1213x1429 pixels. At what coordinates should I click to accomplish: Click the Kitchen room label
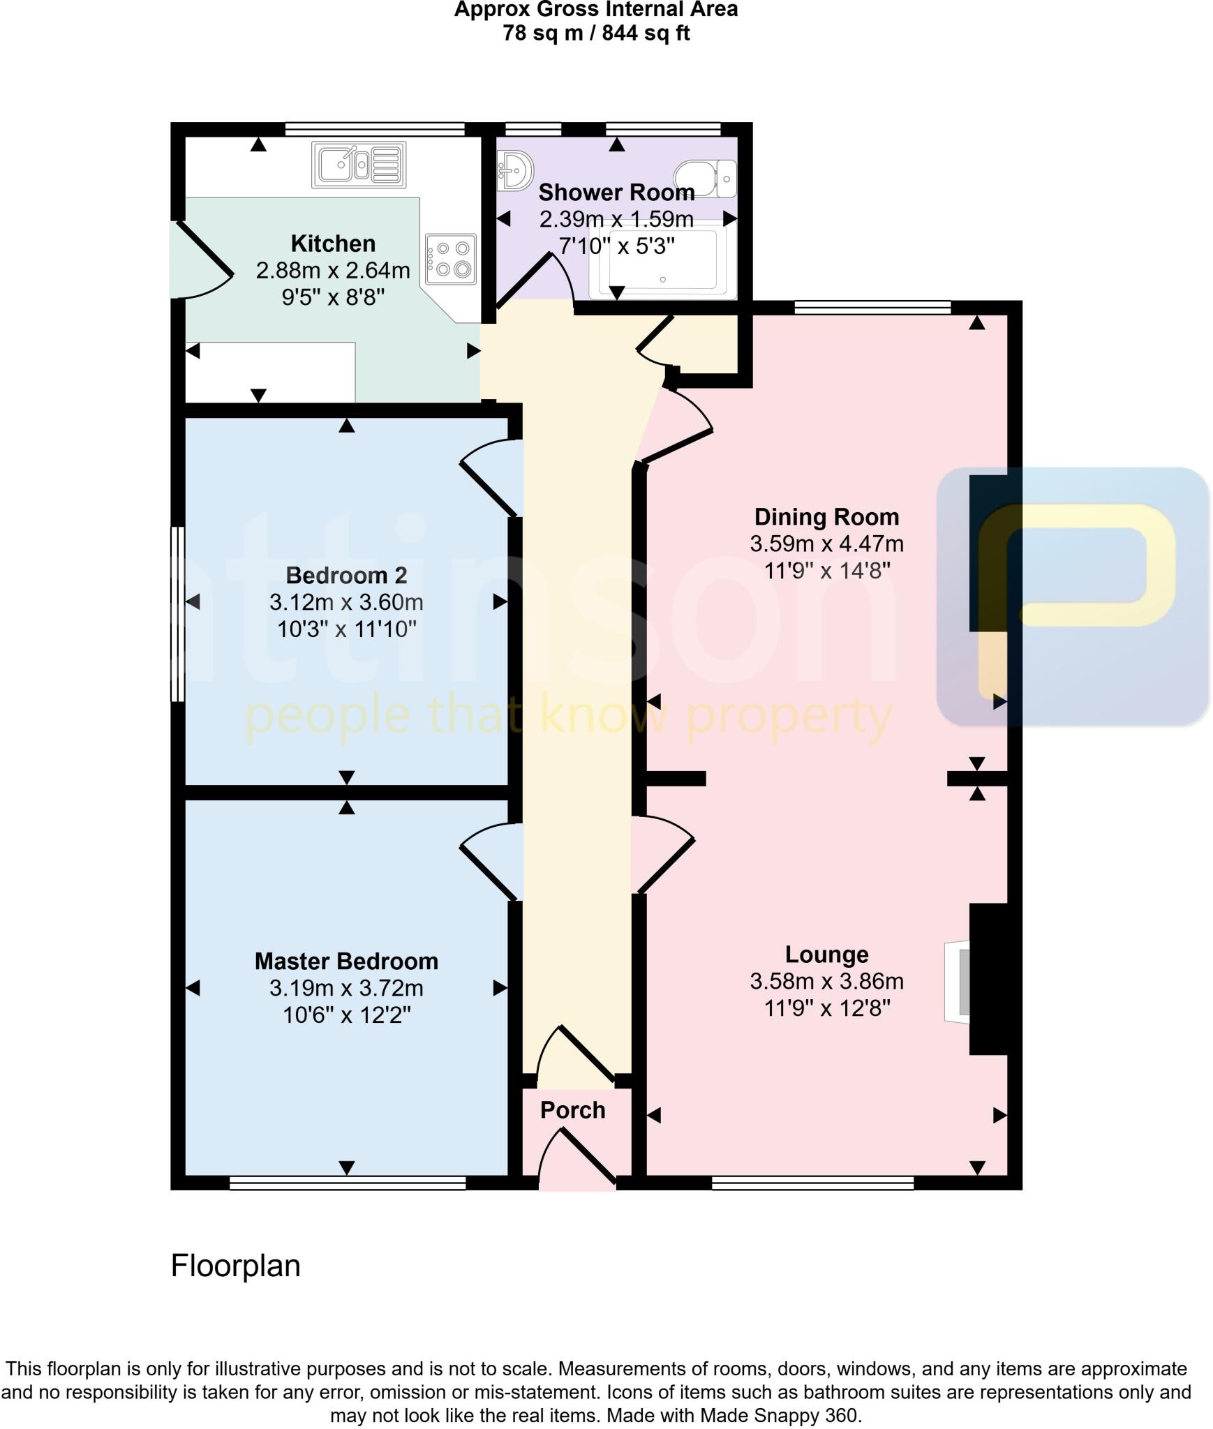tap(333, 244)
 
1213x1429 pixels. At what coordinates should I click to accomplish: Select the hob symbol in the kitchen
tap(452, 259)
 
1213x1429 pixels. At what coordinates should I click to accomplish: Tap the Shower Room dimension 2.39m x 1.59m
tap(616, 219)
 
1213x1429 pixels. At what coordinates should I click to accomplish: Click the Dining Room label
tap(826, 517)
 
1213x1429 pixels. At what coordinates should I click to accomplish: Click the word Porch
tap(572, 1110)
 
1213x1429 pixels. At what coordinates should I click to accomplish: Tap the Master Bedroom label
tap(346, 962)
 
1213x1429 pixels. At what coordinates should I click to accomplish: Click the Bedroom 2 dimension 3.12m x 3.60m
tap(346, 602)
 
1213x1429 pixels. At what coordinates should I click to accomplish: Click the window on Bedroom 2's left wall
tap(178, 613)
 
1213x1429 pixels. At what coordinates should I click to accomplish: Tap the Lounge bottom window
tap(812, 1183)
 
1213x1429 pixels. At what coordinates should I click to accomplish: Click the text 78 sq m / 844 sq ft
tap(596, 33)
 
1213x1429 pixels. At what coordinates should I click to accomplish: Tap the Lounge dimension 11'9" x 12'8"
tap(826, 1008)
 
